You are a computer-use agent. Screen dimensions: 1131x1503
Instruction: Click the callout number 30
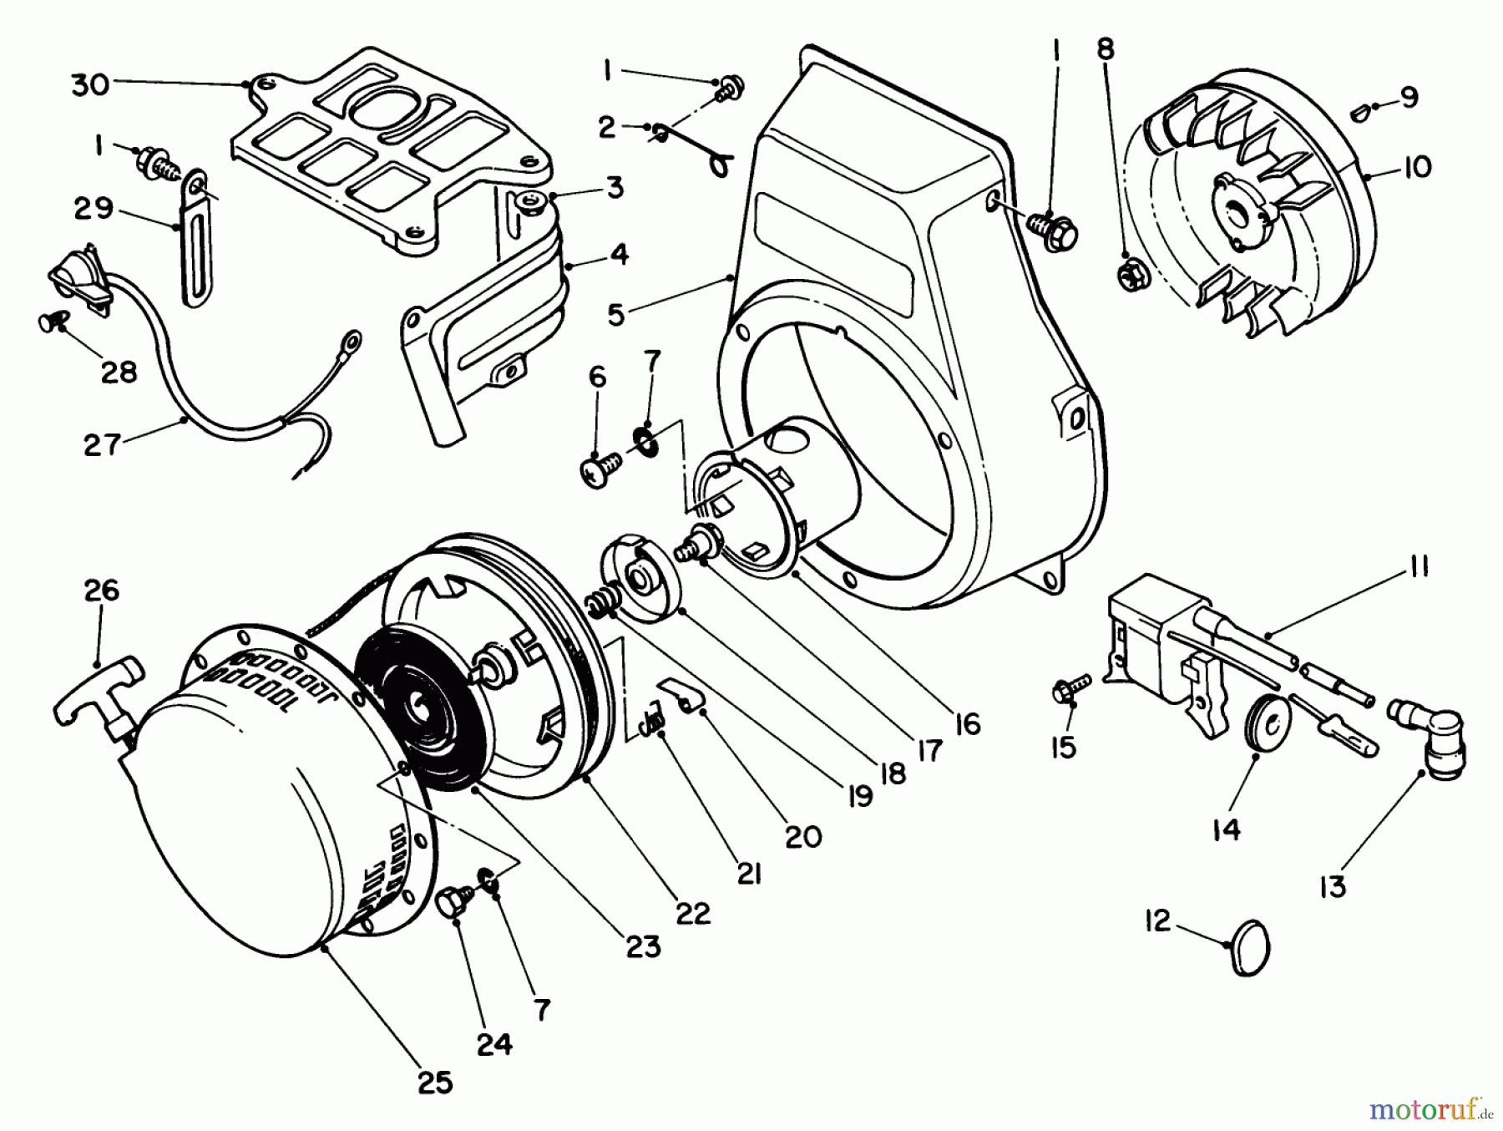click(90, 84)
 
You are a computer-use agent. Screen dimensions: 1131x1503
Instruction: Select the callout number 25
click(434, 1083)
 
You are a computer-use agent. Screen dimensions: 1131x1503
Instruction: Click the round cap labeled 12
click(1251, 946)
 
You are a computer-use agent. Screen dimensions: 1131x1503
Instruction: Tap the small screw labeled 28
click(49, 322)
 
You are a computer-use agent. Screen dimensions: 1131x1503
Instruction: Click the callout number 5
click(615, 315)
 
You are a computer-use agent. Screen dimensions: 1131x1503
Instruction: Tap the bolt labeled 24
click(451, 903)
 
